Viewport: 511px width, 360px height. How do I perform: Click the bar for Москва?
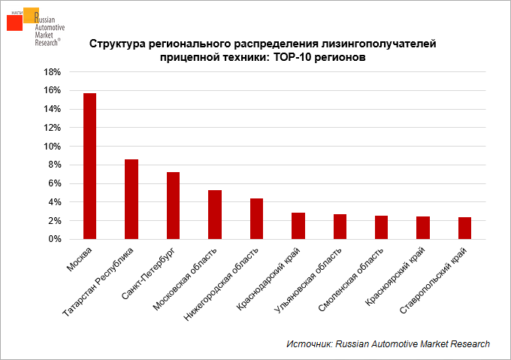[x=89, y=166]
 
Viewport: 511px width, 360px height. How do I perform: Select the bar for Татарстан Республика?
[x=132, y=199]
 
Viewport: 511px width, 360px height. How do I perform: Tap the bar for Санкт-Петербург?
[x=173, y=206]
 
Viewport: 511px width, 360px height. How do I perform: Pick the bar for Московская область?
[x=215, y=215]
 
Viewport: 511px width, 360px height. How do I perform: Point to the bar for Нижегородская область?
[x=256, y=219]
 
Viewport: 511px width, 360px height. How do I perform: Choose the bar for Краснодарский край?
[x=298, y=226]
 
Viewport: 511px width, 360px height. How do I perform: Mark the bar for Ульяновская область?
[x=340, y=227]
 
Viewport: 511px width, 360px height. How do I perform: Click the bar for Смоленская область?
[x=382, y=228]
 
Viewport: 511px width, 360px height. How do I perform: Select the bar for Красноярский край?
[x=423, y=228]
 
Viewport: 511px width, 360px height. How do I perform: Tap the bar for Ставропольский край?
[x=465, y=228]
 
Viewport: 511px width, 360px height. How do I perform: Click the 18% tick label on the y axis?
[x=52, y=72]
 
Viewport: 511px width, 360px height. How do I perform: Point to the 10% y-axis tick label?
[x=52, y=147]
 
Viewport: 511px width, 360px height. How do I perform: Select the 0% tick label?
[x=55, y=240]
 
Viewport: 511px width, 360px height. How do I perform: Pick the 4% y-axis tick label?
[x=55, y=202]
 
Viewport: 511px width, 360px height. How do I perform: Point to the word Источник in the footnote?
[x=310, y=343]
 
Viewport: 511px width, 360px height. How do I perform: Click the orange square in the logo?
[x=31, y=15]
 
